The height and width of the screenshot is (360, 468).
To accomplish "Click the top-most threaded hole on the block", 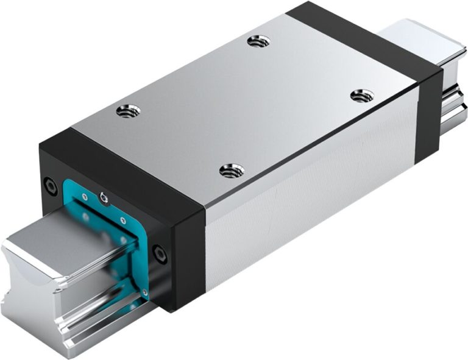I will (x=259, y=41).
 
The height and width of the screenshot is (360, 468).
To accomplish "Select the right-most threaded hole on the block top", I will (x=363, y=96).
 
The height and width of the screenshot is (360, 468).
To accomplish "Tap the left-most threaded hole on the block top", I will (x=129, y=111).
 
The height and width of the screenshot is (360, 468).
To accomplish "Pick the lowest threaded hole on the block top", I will (x=232, y=171).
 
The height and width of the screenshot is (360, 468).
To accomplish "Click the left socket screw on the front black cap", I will (x=51, y=186).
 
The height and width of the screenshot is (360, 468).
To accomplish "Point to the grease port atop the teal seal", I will (x=104, y=198).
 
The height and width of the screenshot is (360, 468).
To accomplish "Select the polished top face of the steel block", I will (x=244, y=104).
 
